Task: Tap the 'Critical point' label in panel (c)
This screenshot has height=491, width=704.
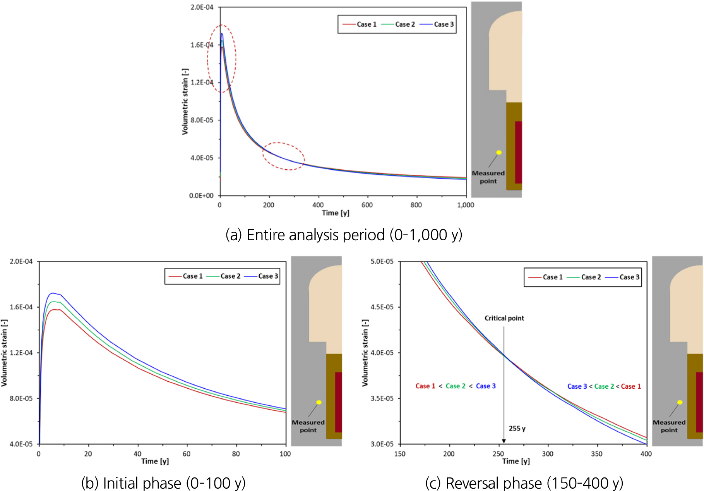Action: click(x=504, y=318)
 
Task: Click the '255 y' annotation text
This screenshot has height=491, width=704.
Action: click(x=517, y=429)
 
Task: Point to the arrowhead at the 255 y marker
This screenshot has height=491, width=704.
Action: click(x=504, y=441)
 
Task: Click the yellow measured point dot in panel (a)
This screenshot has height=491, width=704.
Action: click(x=499, y=152)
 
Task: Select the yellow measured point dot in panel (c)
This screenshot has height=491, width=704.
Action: click(x=680, y=402)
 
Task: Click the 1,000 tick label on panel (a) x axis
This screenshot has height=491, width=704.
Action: click(x=465, y=205)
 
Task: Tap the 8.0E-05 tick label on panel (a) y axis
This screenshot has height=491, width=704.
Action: click(x=202, y=120)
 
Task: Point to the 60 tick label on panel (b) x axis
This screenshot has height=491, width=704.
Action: click(x=187, y=454)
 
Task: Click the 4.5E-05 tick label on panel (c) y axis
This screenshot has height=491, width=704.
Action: click(x=382, y=307)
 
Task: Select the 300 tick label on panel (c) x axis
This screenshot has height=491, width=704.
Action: click(x=548, y=454)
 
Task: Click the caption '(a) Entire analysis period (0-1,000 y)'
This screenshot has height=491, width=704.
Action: click(x=344, y=235)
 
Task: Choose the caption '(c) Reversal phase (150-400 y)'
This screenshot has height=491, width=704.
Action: click(x=524, y=483)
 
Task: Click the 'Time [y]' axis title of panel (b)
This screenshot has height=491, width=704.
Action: click(x=155, y=461)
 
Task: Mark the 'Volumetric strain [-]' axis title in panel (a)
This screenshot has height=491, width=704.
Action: click(x=185, y=102)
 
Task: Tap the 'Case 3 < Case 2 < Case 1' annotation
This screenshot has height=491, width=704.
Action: click(x=604, y=386)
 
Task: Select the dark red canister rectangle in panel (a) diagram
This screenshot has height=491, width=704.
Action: click(x=518, y=152)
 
